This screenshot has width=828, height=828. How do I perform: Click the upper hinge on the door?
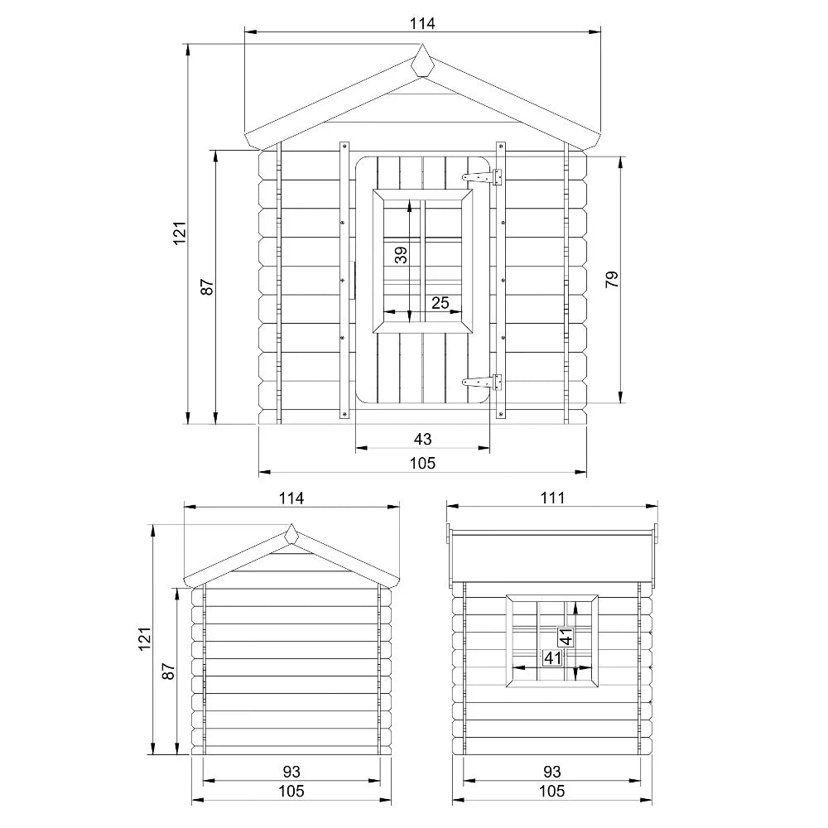pos(483,176)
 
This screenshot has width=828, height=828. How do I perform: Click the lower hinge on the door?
pos(483,382)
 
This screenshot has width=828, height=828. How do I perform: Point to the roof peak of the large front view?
pos(422,60)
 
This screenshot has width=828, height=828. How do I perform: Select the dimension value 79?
pos(612,279)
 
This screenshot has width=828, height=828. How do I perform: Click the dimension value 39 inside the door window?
pos(401,254)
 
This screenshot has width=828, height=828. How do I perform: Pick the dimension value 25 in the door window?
pos(440,303)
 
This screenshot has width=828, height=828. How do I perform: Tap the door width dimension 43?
pos(422,438)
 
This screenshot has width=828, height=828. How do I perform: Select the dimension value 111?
pos(552,498)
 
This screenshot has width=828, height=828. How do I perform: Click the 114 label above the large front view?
pos(422,23)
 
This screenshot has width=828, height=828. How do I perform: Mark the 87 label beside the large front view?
pos(207,286)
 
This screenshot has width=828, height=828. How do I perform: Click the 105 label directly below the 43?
pos(422,463)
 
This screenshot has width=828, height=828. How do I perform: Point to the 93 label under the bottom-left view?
pos(291,770)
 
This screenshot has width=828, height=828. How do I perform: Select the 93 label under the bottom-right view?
pos(552,770)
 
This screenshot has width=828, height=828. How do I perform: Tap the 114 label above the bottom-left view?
pos(291,498)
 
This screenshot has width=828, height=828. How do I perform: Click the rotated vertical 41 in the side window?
pos(566,638)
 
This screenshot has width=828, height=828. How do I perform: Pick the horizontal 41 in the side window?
pos(552,658)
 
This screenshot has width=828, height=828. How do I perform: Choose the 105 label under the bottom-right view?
pos(552,791)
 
